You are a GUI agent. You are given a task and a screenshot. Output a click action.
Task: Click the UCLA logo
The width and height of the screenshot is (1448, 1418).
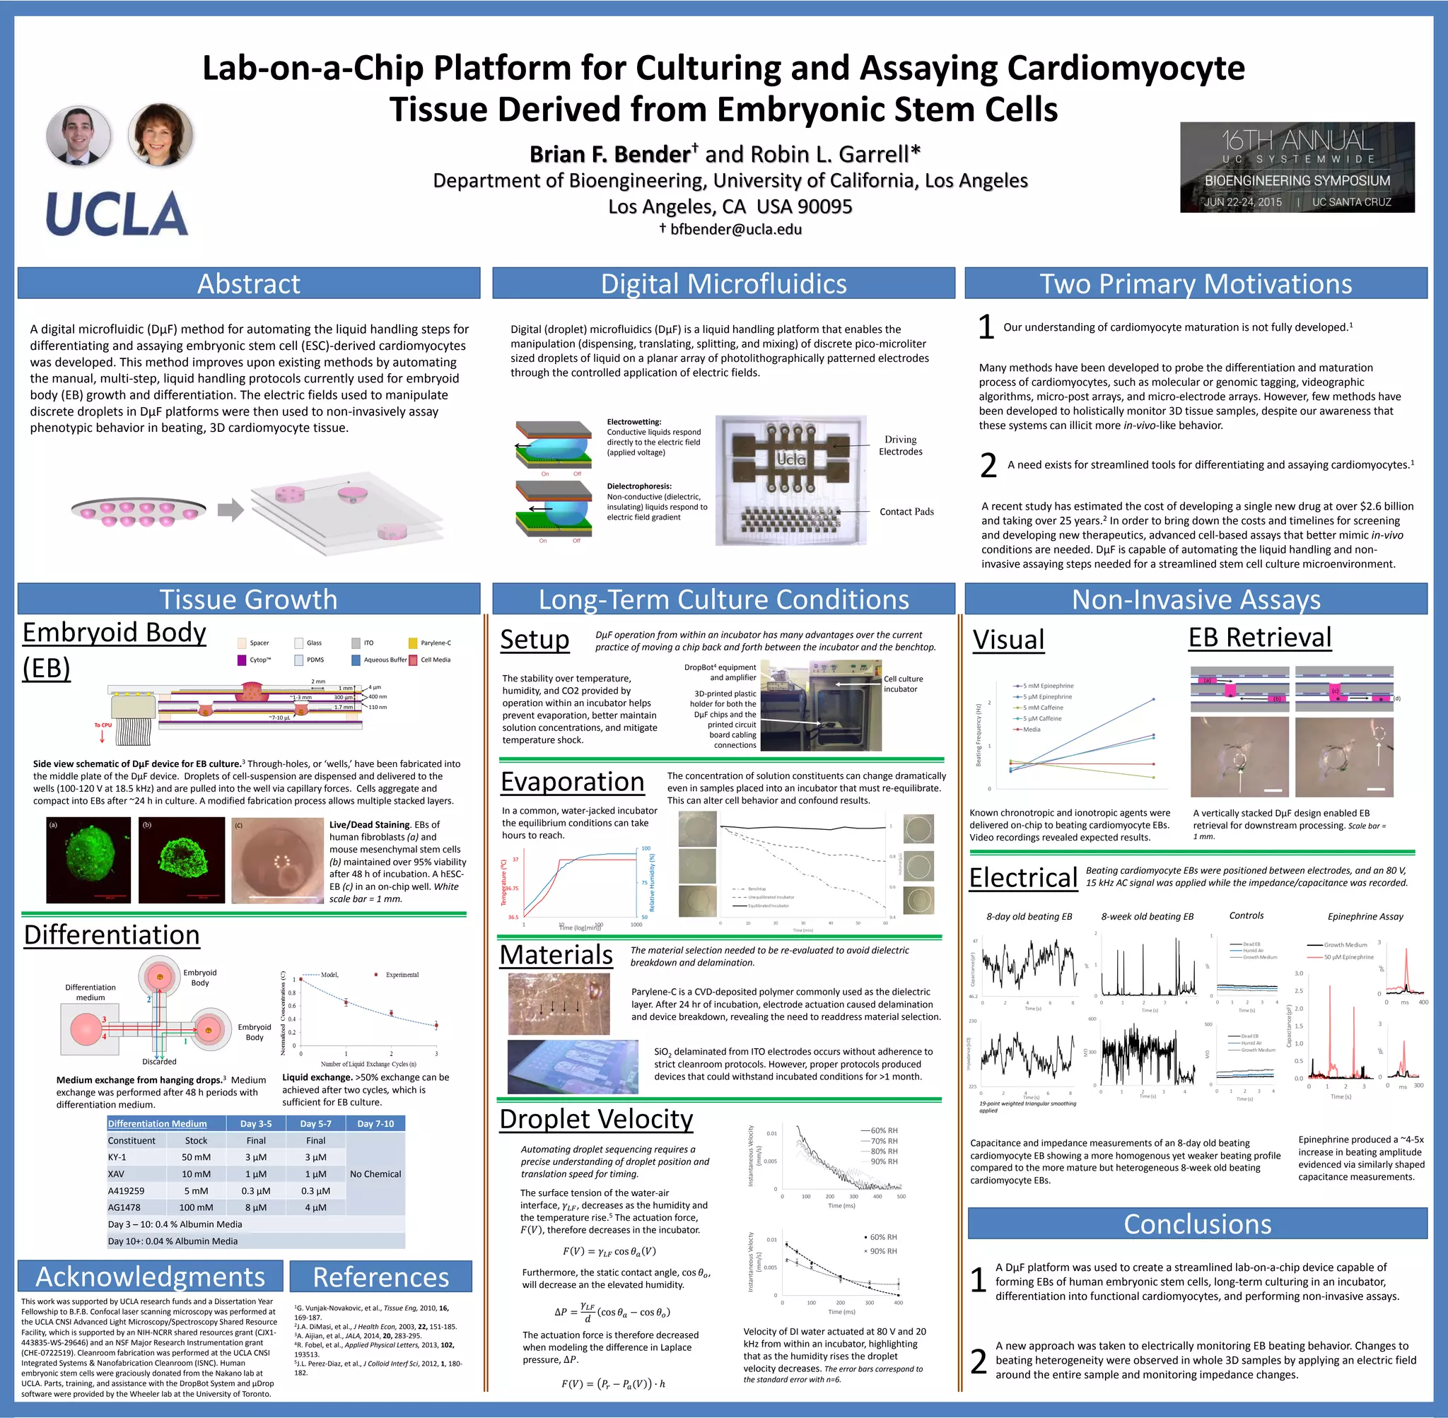(117, 213)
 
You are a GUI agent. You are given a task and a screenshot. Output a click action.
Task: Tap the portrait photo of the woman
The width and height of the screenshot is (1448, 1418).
(160, 135)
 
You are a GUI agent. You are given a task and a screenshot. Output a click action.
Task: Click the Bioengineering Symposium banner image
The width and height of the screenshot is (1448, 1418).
(1297, 168)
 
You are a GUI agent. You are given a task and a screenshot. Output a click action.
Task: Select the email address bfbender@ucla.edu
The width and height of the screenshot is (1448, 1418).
(735, 229)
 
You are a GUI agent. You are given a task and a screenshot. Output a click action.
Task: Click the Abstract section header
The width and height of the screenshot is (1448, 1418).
(249, 283)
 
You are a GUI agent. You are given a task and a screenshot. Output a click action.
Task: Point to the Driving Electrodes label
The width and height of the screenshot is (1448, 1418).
(900, 445)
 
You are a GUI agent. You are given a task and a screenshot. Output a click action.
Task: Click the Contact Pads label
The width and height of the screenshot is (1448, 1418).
(906, 512)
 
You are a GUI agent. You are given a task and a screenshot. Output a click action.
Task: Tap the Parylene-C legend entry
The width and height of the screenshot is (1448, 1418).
(435, 643)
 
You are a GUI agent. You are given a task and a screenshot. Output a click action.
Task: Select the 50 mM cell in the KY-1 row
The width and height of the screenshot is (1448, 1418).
(196, 1157)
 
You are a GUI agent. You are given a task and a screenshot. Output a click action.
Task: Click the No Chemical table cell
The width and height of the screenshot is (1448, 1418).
(375, 1173)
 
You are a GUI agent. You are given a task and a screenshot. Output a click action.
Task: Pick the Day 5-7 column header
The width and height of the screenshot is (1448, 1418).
(315, 1124)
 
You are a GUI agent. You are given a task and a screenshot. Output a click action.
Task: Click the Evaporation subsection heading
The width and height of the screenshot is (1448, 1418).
(572, 782)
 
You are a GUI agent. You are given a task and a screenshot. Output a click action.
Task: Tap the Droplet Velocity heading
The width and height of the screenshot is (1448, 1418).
(596, 1118)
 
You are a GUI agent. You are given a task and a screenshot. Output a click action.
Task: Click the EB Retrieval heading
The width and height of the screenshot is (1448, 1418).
(1259, 638)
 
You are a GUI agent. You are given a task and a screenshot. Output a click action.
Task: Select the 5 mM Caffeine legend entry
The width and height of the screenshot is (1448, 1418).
(1042, 708)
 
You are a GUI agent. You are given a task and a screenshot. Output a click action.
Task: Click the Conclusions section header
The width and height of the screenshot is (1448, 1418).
(1197, 1224)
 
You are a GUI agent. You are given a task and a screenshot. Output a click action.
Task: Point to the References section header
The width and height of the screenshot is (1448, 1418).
(380, 1277)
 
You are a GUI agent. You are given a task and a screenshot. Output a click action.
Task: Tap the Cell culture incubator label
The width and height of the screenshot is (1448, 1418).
(903, 684)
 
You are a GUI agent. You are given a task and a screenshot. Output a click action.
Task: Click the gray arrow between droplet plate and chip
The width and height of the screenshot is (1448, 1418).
(231, 510)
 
